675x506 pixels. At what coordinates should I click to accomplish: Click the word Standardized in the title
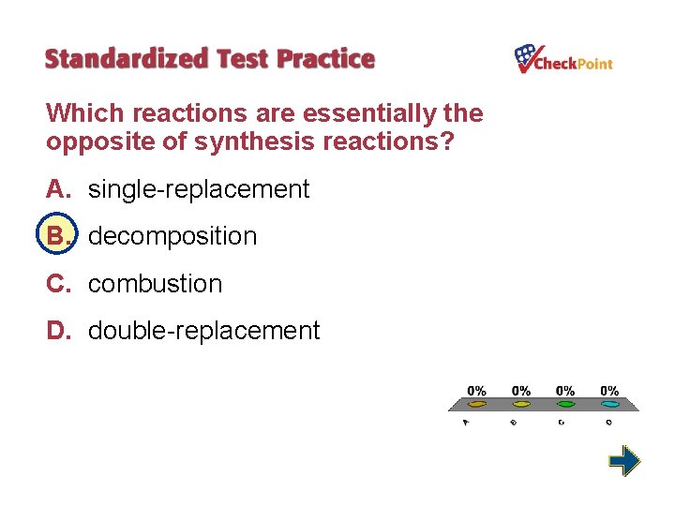[127, 59]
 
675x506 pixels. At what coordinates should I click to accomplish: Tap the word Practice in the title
[325, 59]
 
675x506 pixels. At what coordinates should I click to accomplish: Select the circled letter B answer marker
[56, 236]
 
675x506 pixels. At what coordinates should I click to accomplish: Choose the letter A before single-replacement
[57, 189]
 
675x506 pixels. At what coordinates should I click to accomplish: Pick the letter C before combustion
[57, 284]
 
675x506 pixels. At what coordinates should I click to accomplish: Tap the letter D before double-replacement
[57, 331]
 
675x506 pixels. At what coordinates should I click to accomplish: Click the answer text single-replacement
[199, 189]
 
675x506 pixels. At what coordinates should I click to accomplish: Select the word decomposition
[172, 236]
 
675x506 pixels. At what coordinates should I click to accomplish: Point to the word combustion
[156, 284]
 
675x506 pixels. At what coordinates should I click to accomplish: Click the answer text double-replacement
[204, 331]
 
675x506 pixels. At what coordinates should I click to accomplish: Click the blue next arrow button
[623, 461]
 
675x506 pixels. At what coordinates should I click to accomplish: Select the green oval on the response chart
[565, 405]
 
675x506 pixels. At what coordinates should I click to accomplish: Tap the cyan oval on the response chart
[609, 405]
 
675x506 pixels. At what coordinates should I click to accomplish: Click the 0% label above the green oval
[565, 390]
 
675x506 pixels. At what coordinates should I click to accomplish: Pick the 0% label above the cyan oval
[609, 390]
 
